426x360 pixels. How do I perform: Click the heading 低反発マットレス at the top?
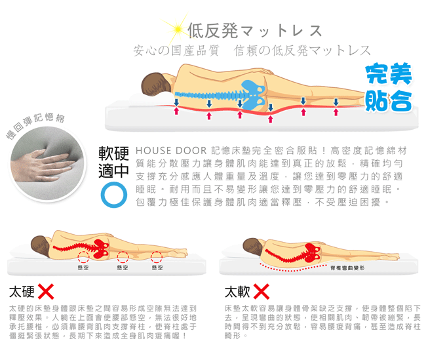pyautogui.click(x=254, y=30)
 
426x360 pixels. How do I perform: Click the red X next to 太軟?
pyautogui.click(x=261, y=291)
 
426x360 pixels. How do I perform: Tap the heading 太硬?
pyautogui.click(x=22, y=291)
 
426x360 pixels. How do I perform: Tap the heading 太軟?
pyautogui.click(x=237, y=291)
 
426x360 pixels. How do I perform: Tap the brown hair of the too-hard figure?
pyautogui.click(x=39, y=243)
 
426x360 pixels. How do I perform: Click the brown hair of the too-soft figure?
pyautogui.click(x=250, y=244)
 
